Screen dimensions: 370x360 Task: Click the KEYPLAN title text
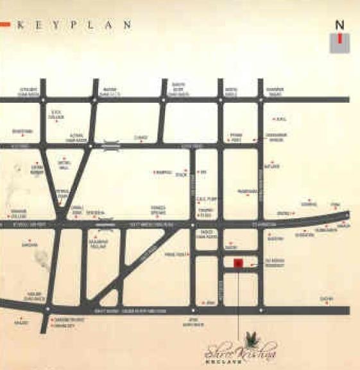coord(73,25)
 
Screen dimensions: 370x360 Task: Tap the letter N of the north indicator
coord(339,25)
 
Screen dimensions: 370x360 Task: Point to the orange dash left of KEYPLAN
coord(5,24)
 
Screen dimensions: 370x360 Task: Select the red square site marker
coord(238,263)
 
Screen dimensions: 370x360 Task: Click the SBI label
coord(203,172)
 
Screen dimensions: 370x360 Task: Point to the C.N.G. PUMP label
coord(204,199)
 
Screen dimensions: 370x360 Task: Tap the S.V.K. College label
coord(56,114)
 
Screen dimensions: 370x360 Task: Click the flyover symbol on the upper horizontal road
coord(111,145)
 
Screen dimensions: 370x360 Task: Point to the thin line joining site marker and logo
coord(238,302)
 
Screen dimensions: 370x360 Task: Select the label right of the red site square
coord(274,262)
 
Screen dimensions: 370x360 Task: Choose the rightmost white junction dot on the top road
coord(261,100)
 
